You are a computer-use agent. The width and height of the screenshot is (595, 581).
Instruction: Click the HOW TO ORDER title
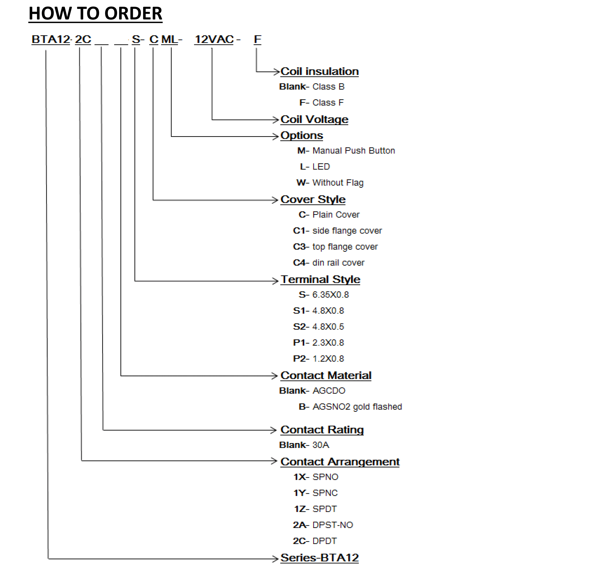tap(95, 13)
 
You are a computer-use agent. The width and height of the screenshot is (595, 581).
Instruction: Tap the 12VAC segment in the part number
tap(214, 39)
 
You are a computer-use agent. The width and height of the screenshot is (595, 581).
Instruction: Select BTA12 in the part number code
tap(51, 39)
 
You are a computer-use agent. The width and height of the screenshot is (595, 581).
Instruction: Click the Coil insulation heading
tap(319, 71)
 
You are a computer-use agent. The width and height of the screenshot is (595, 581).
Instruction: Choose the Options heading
tap(302, 135)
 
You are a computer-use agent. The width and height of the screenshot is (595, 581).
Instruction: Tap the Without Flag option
tap(338, 183)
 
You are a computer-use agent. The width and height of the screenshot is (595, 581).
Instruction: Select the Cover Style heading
tap(313, 200)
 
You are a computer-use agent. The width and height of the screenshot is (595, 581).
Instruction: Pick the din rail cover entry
tap(338, 263)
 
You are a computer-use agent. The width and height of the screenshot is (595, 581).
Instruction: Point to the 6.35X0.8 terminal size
tap(330, 295)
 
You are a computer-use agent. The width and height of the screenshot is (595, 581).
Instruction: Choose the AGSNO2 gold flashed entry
tap(357, 407)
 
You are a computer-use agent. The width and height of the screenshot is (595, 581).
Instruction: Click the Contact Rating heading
tap(322, 430)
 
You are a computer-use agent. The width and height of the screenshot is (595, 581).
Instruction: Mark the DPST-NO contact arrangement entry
tap(333, 525)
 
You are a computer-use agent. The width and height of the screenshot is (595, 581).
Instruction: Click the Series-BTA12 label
tap(319, 558)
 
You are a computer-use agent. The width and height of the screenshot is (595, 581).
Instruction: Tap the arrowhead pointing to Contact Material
tap(274, 376)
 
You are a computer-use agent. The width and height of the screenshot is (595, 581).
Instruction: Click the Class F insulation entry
tap(328, 103)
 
